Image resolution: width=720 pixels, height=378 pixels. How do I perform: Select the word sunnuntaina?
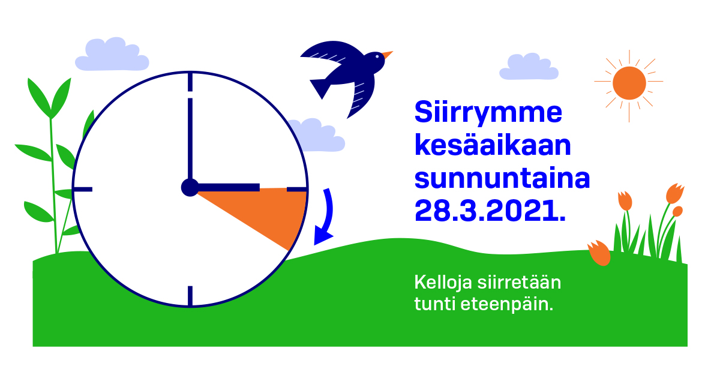click(x=502, y=179)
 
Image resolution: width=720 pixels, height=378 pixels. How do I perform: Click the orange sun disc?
click(x=629, y=83)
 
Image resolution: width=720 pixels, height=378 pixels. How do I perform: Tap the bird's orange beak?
click(x=387, y=55)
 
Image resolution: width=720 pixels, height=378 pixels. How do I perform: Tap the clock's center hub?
click(x=190, y=188)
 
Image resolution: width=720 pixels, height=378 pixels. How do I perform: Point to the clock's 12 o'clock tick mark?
click(x=190, y=82)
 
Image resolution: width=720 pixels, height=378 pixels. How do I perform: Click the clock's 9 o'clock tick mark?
click(x=83, y=189)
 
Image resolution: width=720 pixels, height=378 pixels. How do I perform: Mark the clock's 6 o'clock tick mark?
click(x=190, y=295)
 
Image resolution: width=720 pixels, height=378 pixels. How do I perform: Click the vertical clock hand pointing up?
click(x=190, y=138)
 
